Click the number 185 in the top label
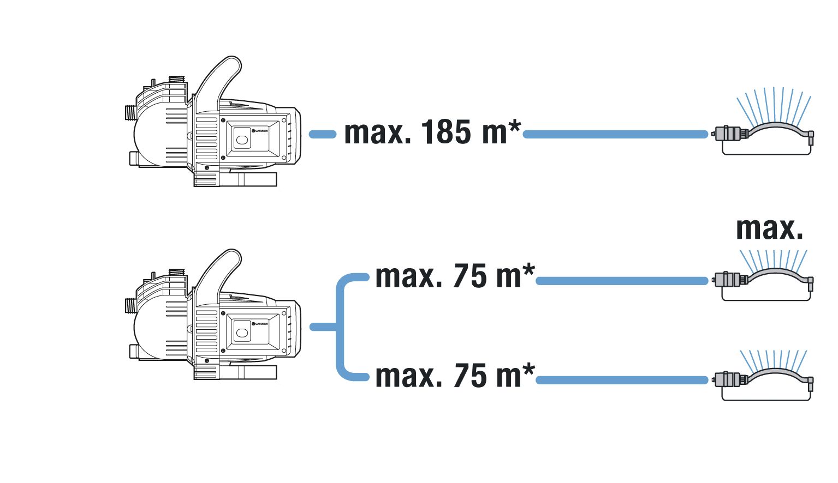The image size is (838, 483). point(445,132)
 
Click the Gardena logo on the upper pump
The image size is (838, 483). point(260,131)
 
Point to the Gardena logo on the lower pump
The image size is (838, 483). point(260,323)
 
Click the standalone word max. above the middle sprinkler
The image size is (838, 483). point(769,228)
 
